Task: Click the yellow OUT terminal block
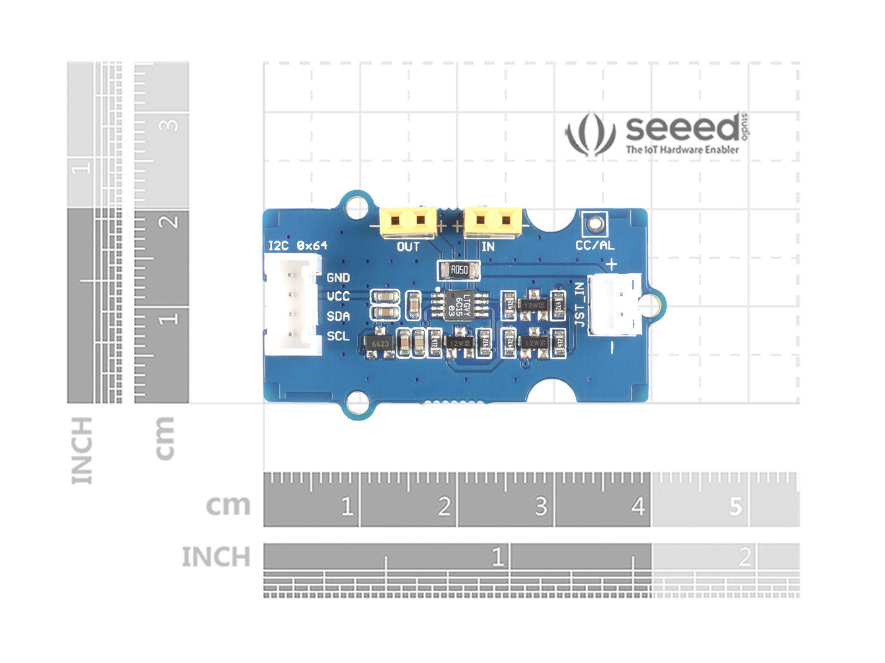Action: click(x=408, y=222)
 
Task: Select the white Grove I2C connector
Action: click(x=291, y=306)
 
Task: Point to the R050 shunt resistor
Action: click(x=459, y=271)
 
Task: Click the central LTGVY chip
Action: click(x=459, y=305)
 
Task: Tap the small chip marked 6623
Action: click(x=380, y=344)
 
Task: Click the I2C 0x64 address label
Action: click(x=297, y=246)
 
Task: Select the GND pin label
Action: click(x=338, y=277)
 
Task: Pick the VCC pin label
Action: click(x=338, y=296)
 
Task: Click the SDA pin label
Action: click(x=338, y=316)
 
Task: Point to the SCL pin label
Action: click(x=338, y=336)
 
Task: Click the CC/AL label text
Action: click(x=594, y=246)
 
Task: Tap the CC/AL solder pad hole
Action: click(x=594, y=223)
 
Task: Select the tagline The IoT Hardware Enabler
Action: click(x=682, y=150)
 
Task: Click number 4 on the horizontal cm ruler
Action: click(x=637, y=506)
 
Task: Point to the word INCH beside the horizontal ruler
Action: click(x=216, y=557)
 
